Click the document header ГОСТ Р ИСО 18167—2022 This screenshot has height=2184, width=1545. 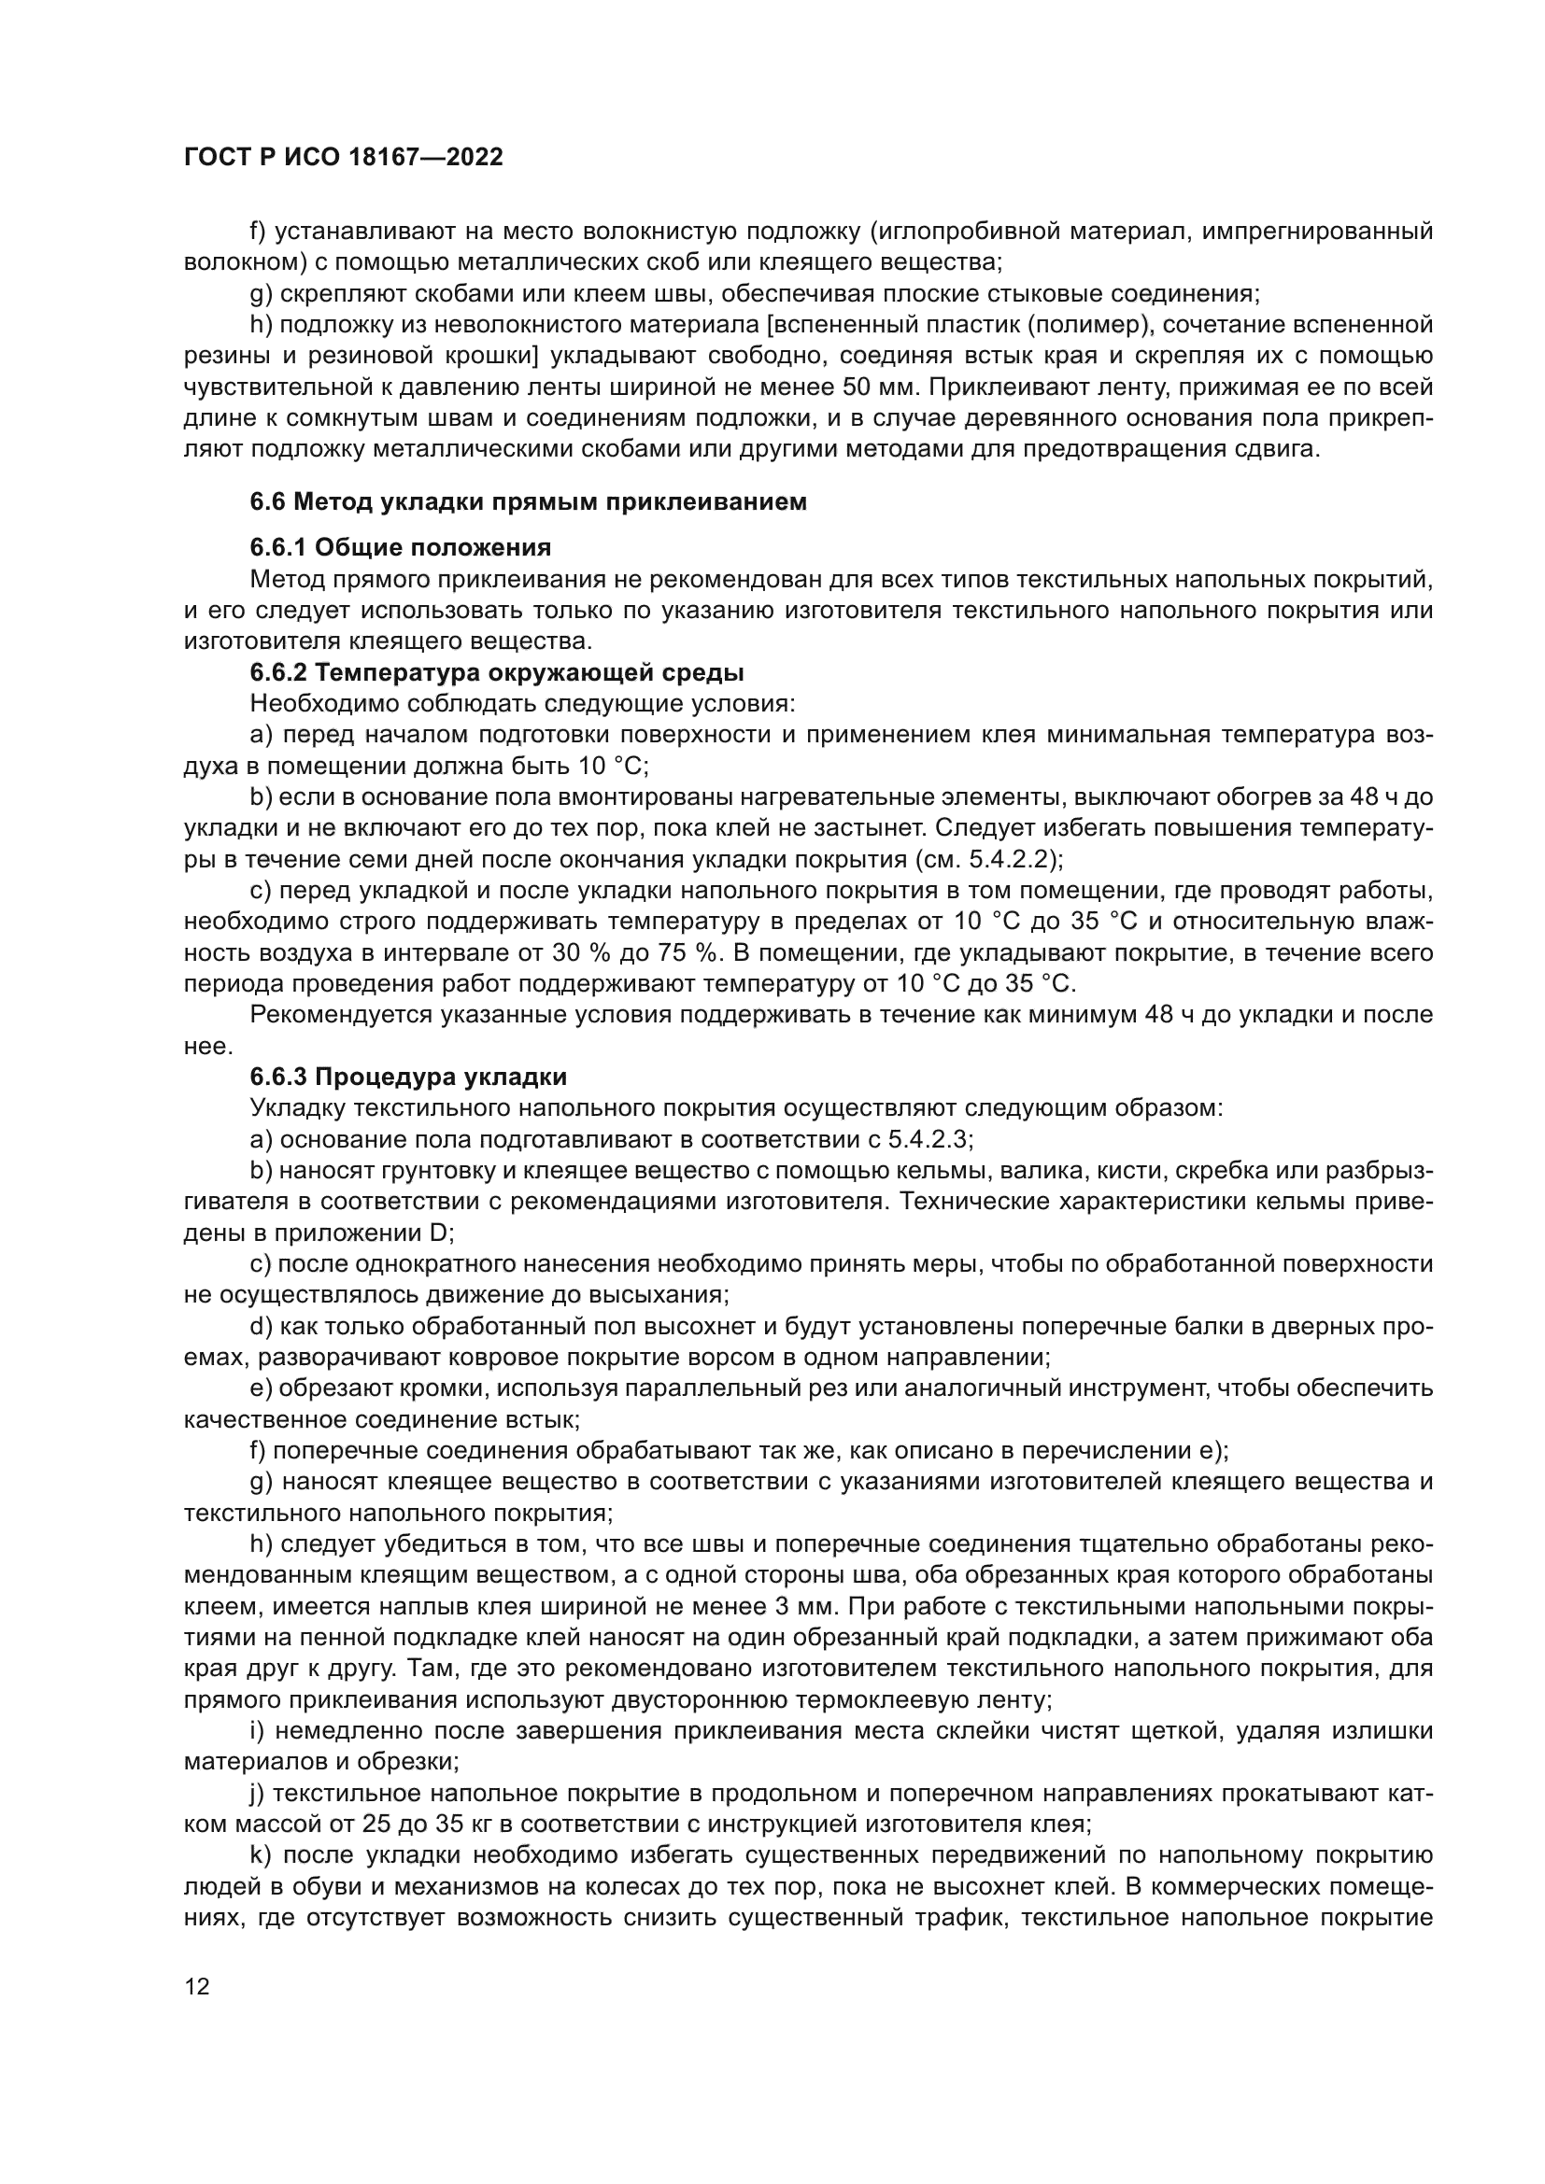point(343,158)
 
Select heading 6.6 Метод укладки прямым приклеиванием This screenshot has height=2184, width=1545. point(528,502)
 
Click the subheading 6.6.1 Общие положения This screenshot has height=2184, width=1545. point(401,547)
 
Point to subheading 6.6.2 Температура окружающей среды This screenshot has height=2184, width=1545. point(497,672)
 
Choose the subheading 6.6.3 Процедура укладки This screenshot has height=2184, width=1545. point(408,1077)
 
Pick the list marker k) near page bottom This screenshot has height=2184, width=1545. point(261,1856)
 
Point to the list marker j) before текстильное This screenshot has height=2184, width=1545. point(258,1794)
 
